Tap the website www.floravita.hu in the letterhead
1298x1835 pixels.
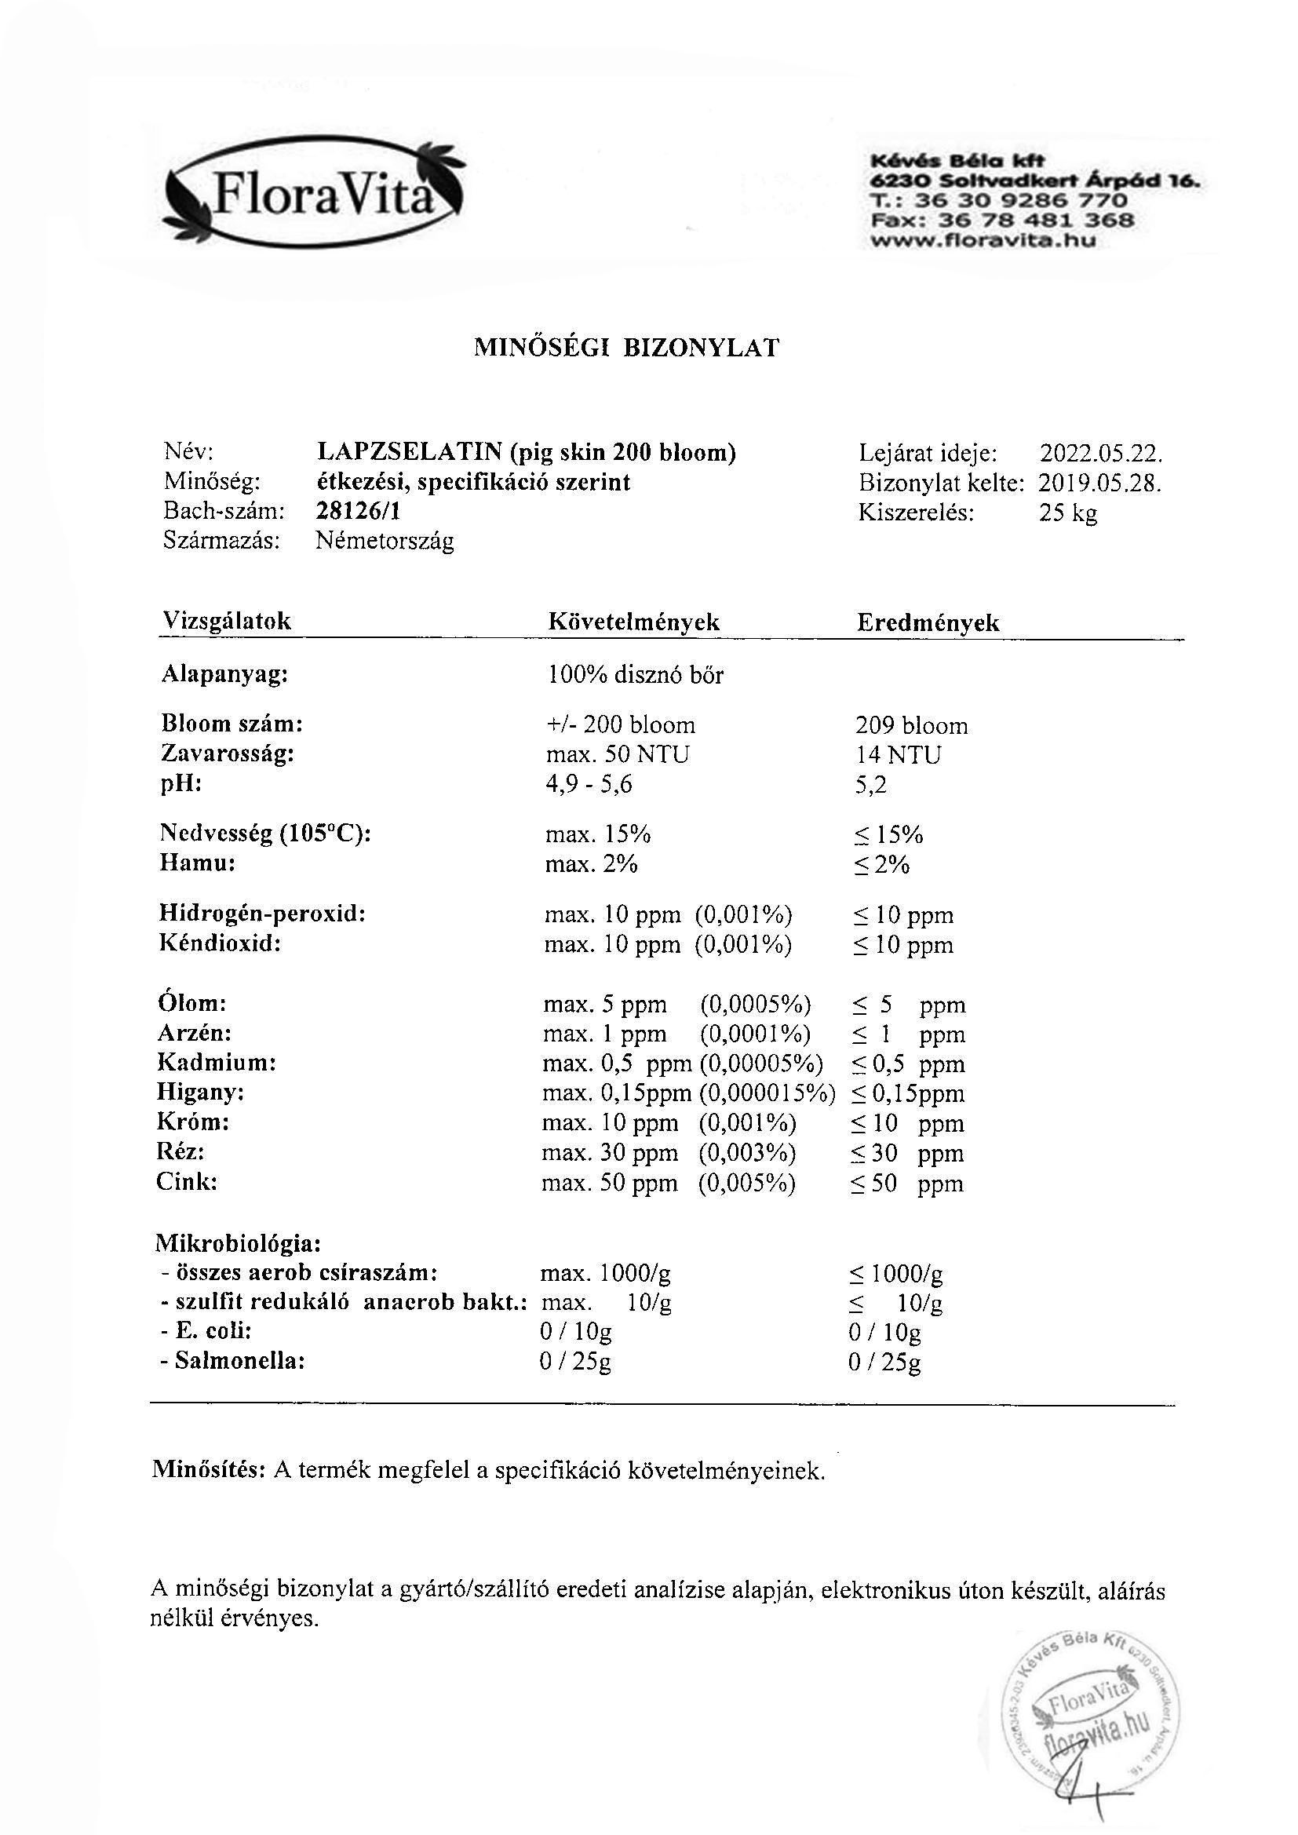(x=983, y=239)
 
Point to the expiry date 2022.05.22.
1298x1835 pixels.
(x=1100, y=454)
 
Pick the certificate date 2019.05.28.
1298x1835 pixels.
(x=1099, y=483)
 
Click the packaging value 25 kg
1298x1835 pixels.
(x=1068, y=513)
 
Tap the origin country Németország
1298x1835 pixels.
(x=385, y=541)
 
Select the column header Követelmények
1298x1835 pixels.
(x=634, y=622)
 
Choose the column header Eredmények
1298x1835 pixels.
(x=928, y=623)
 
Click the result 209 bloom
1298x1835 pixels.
(x=911, y=726)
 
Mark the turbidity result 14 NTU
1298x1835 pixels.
(x=899, y=754)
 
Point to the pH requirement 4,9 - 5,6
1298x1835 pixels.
(x=589, y=784)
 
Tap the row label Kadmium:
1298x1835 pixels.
(x=217, y=1063)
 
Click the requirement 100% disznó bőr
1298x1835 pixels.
(x=636, y=675)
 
